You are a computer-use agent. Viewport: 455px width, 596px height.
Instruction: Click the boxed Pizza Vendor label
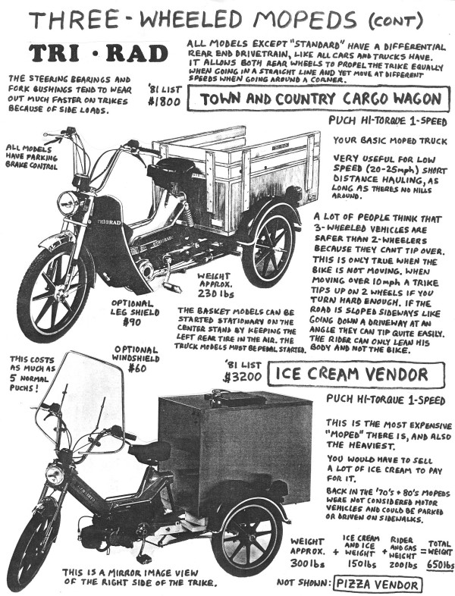[376, 585]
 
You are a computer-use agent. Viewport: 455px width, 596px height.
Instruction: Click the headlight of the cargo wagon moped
[68, 202]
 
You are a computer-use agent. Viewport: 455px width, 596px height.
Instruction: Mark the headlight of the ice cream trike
[55, 475]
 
